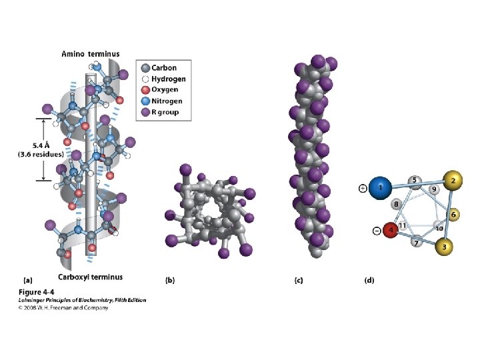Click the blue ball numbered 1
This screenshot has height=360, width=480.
381,188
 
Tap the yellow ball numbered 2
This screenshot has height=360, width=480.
453,181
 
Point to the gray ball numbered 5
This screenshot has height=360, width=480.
414,180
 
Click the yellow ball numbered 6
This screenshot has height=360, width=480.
453,215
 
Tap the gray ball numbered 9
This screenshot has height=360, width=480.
433,189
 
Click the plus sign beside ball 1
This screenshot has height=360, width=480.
363,189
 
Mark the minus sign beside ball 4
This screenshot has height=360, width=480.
377,231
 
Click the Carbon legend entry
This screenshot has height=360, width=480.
163,68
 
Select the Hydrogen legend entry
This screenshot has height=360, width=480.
167,79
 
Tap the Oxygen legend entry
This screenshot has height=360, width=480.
164,90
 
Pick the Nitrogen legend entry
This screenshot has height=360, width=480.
166,101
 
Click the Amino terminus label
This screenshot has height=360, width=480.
90,53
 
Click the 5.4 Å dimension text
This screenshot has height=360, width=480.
40,145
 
